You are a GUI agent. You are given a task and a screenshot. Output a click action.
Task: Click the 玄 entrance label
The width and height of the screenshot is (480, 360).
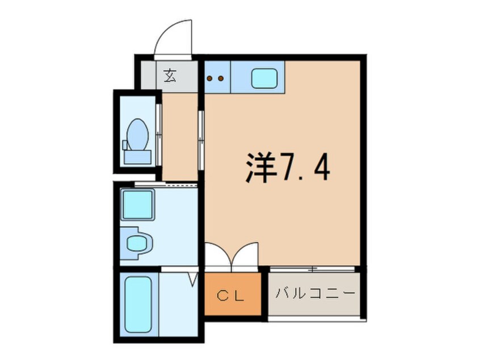point(170,76)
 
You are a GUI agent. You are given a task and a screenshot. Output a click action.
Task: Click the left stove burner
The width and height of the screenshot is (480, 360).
point(209,78)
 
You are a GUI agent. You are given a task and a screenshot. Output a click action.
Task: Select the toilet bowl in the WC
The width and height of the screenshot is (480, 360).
point(137,134)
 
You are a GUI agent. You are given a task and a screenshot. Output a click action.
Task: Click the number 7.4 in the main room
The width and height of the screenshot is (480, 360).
point(304,167)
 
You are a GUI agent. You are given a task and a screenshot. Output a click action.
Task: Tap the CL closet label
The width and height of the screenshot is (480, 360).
point(232,295)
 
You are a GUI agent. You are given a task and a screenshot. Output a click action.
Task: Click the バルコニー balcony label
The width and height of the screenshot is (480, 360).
point(315,294)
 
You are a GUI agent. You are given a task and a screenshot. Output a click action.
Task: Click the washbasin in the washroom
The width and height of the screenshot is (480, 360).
point(136,244)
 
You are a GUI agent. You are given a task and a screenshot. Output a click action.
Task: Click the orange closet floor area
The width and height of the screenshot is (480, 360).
point(233,307)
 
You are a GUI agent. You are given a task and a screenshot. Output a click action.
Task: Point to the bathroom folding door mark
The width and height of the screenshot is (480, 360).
point(192,279)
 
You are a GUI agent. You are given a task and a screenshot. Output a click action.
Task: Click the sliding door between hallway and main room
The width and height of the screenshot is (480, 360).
point(200,133)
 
